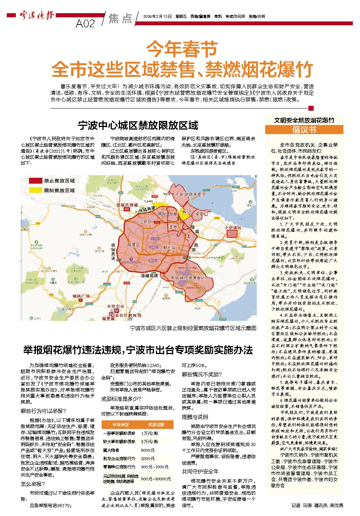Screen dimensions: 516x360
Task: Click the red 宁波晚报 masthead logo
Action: [37, 15]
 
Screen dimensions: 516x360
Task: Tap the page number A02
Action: [85, 24]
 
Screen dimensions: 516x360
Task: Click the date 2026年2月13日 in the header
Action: [157, 17]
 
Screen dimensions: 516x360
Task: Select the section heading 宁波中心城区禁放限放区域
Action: [138, 125]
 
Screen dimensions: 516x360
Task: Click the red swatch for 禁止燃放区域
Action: [36, 181]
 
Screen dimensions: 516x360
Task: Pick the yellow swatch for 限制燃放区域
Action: [36, 190]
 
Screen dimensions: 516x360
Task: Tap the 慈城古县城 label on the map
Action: [127, 205]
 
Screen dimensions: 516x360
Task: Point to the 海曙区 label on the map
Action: [133, 245]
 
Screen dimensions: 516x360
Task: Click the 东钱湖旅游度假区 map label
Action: [188, 278]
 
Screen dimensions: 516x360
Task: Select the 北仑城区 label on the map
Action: [233, 228]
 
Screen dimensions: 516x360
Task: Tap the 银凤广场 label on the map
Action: [81, 296]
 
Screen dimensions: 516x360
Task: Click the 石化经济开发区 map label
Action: [191, 195]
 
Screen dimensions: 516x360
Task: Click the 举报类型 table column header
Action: [121, 424]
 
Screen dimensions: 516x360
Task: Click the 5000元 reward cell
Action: [148, 450]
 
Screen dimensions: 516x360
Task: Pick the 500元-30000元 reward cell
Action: [156, 479]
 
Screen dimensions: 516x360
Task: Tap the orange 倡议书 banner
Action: [304, 130]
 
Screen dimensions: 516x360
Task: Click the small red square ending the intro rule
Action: [311, 108]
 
